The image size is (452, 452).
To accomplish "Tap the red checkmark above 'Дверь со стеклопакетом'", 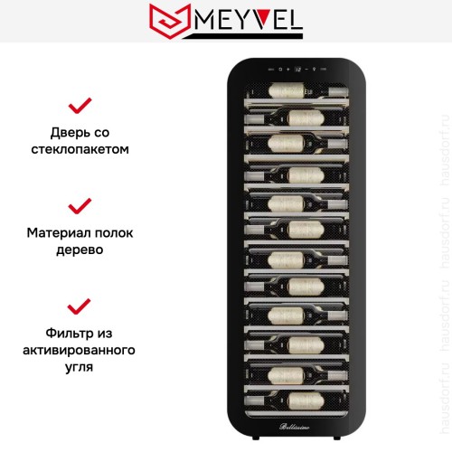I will [x=80, y=105].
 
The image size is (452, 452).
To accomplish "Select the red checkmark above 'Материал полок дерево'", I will [x=80, y=205].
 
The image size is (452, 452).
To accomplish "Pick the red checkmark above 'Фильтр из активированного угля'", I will [x=80, y=305].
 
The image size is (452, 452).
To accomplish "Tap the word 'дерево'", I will [x=80, y=249].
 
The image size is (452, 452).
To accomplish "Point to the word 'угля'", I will [x=80, y=367].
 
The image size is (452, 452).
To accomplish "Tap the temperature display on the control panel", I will [x=297, y=69].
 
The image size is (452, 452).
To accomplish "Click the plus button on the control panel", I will [x=288, y=69].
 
